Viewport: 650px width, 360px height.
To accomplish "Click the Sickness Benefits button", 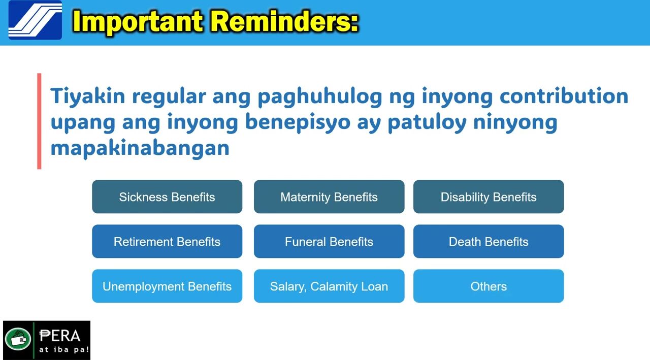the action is [x=167, y=197].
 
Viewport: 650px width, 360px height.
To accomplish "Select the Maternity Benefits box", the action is [x=329, y=197].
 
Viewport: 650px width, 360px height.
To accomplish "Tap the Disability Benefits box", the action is [x=489, y=197].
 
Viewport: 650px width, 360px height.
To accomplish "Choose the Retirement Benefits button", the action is [x=167, y=241].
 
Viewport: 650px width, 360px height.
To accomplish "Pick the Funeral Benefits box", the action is [x=329, y=241].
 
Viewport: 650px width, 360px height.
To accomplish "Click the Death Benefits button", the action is [x=489, y=241].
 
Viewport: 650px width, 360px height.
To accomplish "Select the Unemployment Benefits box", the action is [x=167, y=286].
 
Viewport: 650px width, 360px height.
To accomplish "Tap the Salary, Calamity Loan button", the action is [x=329, y=286].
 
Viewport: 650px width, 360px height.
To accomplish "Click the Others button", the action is [x=489, y=286].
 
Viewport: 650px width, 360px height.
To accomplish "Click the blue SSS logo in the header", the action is [x=35, y=20].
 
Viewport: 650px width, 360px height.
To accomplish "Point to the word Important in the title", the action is [x=138, y=22].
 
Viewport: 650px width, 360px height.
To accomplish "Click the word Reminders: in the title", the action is [x=285, y=21].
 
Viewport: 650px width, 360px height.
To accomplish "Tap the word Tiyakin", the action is [x=88, y=96].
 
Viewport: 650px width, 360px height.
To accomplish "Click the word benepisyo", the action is [x=298, y=122].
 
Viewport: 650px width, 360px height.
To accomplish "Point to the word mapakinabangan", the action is [x=140, y=148].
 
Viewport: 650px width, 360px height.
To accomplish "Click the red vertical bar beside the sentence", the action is [x=39, y=121].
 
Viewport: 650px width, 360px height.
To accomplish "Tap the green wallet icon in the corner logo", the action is [x=18, y=339].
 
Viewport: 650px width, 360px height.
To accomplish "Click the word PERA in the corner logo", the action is [x=60, y=336].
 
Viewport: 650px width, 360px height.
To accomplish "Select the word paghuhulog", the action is [x=320, y=96].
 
